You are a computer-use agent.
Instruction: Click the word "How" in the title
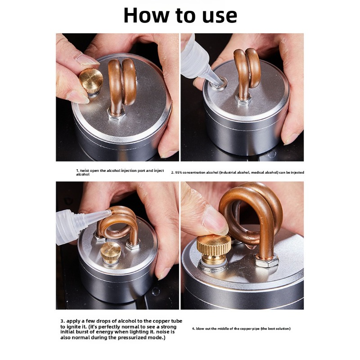146,15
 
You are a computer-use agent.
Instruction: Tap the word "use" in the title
218,16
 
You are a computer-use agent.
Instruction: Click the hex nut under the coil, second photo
243,99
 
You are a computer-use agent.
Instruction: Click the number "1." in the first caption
77,171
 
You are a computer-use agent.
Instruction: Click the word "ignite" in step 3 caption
72,327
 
